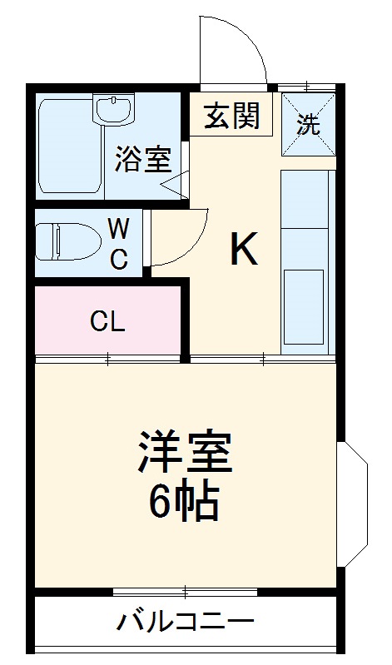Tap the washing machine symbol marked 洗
coord(308,126)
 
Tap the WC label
coord(119,242)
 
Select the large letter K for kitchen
coord(243,248)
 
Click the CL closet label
coord(108,322)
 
